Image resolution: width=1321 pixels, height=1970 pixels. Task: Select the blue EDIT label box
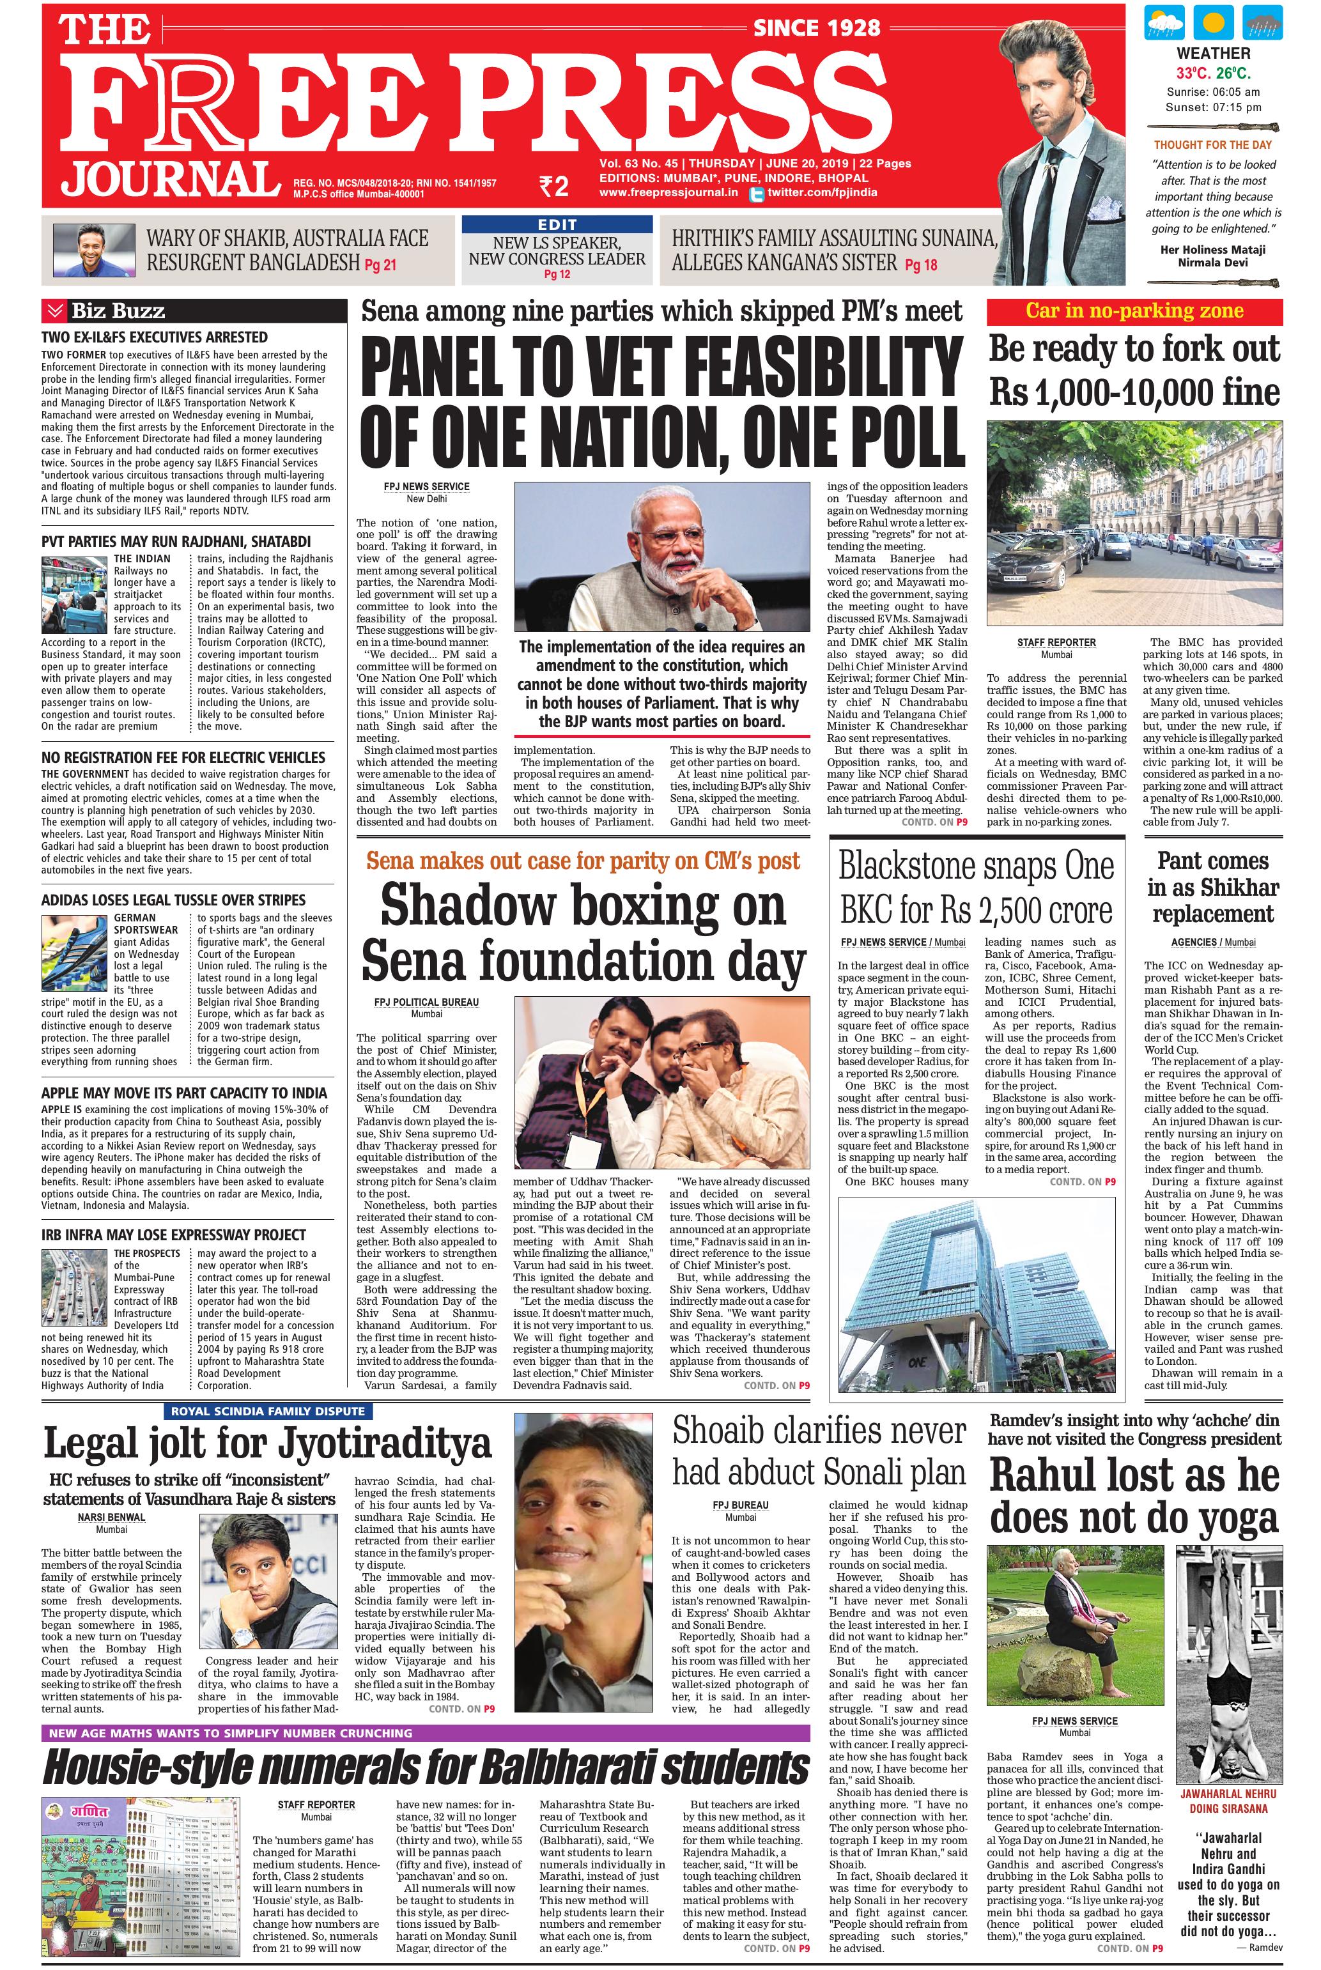pyautogui.click(x=557, y=224)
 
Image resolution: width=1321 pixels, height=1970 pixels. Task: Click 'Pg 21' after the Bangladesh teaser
pyautogui.click(x=380, y=265)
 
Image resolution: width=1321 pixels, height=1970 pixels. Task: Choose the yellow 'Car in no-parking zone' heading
pyautogui.click(x=1134, y=311)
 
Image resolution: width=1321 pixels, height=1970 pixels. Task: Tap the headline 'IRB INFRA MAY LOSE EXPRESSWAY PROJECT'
pyautogui.click(x=174, y=1235)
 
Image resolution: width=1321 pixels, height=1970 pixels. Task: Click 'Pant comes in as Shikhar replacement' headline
pyautogui.click(x=1212, y=887)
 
